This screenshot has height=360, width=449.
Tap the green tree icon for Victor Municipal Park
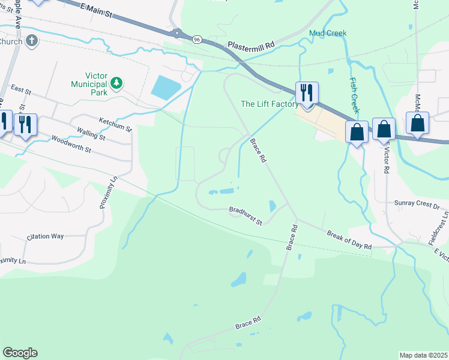pos(119,82)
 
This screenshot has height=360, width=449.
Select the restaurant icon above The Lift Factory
pos(306,93)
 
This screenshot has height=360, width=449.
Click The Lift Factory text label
pos(270,104)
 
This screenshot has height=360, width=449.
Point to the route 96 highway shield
pos(197,39)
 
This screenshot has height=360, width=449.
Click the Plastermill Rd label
pos(250,44)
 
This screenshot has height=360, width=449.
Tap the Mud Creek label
pos(328,33)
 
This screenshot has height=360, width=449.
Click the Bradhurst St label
pos(246,217)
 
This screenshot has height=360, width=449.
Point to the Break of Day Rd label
pos(349,239)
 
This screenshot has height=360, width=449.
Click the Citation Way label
pos(45,236)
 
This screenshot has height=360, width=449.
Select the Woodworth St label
pos(71,145)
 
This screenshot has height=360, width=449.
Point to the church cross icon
pos(33,41)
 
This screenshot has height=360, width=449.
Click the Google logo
pos(20,353)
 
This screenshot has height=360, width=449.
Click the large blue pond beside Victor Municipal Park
pos(165,88)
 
